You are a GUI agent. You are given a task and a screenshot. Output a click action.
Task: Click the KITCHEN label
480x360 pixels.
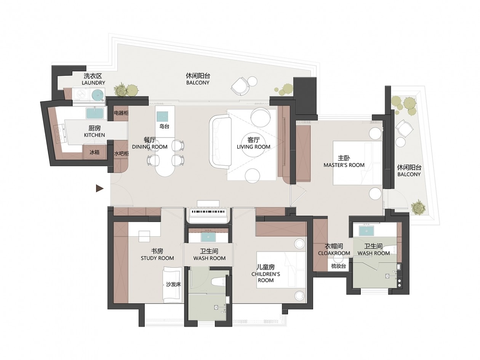pos(94,135)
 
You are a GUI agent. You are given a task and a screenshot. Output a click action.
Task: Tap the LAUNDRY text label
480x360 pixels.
pos(93,83)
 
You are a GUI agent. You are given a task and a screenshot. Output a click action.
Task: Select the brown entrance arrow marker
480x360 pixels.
pos(99,188)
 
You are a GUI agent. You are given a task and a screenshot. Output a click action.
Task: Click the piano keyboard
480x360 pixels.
pos(208,211)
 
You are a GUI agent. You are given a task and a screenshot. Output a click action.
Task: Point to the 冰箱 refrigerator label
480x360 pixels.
pos(94,152)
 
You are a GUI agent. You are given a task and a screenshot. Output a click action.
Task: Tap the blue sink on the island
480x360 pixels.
pos(162,116)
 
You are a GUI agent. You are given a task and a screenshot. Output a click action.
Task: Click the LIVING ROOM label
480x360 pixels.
pos(253,147)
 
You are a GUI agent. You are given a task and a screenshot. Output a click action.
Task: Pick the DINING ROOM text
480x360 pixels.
pos(149,147)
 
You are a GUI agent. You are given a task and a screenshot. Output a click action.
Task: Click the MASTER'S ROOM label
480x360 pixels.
pos(344,165)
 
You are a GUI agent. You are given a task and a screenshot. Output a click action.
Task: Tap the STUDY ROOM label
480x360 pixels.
pos(157,258)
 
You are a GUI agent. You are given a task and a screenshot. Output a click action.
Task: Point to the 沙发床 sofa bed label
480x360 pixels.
pos(173,284)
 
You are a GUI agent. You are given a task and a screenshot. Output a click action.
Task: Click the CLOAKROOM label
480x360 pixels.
pos(334,253)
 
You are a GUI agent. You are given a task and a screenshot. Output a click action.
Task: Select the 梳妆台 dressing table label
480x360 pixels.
pos(338,266)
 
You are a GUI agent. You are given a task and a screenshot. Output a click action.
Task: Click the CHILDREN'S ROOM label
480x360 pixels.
pos(266,277)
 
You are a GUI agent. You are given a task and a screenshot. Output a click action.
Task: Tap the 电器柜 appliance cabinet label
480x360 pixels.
pos(121,113)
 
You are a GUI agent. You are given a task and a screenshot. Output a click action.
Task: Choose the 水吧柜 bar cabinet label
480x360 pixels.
pos(121,154)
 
